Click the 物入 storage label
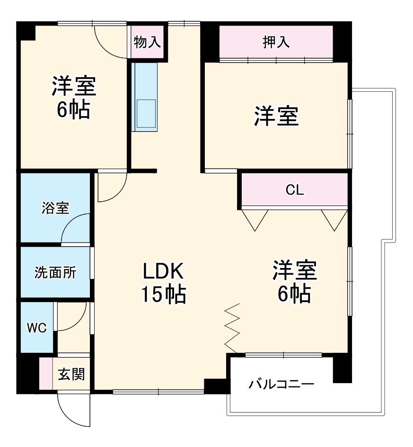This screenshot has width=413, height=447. [x=148, y=43]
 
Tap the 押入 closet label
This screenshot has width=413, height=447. [x=276, y=43]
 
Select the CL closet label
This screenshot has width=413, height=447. [x=294, y=190]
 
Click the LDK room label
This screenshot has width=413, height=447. [x=163, y=272]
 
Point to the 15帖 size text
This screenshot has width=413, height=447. [x=163, y=295]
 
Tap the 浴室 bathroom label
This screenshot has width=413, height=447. [x=55, y=208]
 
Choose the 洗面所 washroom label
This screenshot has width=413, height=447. [x=55, y=273]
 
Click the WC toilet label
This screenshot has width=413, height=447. [x=36, y=328]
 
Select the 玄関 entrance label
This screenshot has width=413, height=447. [x=71, y=375]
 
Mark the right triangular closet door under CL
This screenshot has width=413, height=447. [x=334, y=219]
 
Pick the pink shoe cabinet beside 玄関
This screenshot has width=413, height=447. [x=46, y=374]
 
